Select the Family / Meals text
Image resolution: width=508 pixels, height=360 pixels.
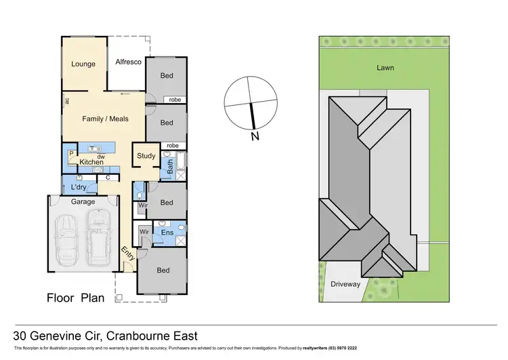[x=105, y=119]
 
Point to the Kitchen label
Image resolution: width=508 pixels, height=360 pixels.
[x=91, y=162]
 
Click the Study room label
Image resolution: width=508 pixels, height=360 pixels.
[x=146, y=156]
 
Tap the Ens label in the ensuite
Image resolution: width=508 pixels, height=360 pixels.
[x=167, y=233]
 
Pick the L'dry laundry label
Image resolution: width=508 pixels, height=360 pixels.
[x=79, y=186]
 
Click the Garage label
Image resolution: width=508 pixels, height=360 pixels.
[x=83, y=201]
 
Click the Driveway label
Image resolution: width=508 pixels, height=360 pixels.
[x=345, y=284]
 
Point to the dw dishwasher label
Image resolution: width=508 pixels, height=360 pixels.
[x=101, y=156]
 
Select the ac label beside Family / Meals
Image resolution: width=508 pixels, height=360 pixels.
[x=67, y=101]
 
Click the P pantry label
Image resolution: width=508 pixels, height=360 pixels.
[x=71, y=154]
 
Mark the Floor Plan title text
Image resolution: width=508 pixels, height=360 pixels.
[x=75, y=298]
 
